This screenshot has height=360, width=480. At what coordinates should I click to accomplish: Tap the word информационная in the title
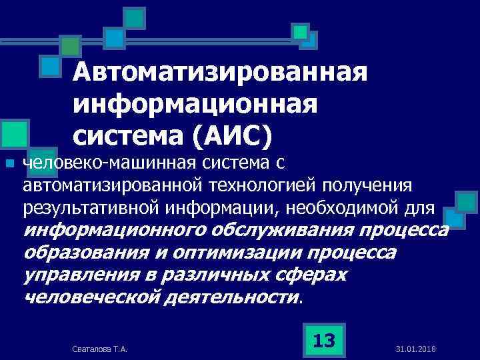tap(195, 105)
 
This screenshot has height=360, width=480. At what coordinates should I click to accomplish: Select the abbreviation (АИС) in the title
tap(233, 136)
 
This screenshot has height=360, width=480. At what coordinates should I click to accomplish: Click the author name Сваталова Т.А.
tap(99, 349)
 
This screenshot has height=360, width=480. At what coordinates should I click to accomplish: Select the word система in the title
tap(126, 136)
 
